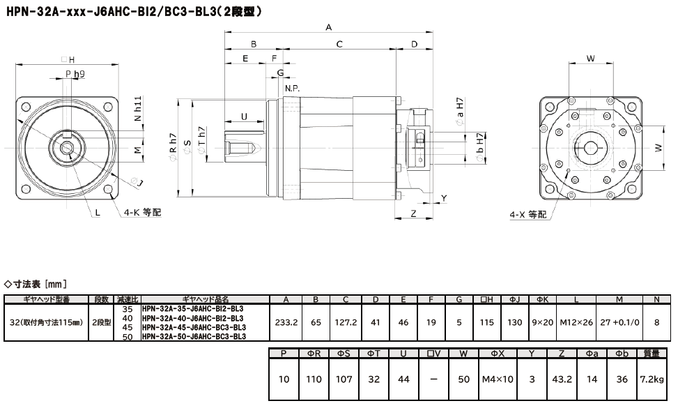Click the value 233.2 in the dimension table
pos(286,323)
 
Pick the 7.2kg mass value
pos(652,380)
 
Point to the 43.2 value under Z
pos(561,380)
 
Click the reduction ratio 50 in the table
pos(127,337)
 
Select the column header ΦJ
pos(515,300)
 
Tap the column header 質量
pos(652,354)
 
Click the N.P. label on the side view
pos(292,88)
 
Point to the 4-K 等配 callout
pos(142,212)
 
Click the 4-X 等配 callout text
pos(528,214)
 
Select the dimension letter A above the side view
pos(328,27)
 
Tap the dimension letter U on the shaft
pos(244,116)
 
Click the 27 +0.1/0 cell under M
pos(619,323)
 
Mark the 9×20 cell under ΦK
pos(543,323)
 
